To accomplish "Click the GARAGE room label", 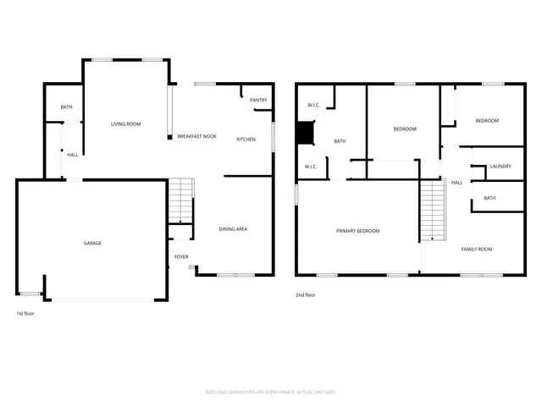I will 92,244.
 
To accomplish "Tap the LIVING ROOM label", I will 125,124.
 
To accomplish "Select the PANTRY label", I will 258,101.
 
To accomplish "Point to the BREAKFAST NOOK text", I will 196,137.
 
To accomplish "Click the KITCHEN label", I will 246,140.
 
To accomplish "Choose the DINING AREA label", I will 233,229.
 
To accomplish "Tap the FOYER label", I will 181,257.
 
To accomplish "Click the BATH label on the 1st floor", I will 66,108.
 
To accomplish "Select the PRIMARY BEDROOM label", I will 357,231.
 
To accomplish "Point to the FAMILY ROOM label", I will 476,250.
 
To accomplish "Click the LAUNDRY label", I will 501,167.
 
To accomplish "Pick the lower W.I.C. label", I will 311,167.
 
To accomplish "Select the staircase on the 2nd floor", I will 432,209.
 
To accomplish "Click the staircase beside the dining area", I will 180,200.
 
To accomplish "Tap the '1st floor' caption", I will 25,314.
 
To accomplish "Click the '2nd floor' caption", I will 305,295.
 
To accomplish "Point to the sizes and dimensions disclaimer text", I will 271,392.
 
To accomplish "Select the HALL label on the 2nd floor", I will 456,183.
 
